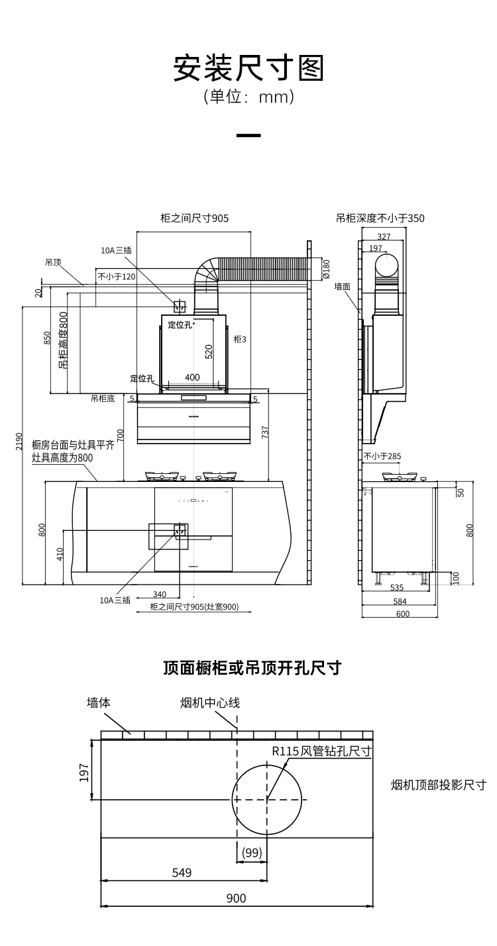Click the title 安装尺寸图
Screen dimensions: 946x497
pos(248,68)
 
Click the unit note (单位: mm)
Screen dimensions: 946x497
pos(248,97)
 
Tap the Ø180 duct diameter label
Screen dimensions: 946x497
pos(326,268)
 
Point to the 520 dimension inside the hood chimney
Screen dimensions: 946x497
pos(209,351)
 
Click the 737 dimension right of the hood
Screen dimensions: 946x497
pos(265,432)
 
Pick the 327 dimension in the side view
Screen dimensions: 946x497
pos(384,236)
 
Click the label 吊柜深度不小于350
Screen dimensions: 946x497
pos(380,218)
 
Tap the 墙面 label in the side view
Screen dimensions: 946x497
pos(343,287)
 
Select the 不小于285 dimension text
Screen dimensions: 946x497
pos(382,456)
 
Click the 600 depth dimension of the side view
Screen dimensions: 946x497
pos(402,614)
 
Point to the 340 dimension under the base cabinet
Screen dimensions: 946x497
pos(159,594)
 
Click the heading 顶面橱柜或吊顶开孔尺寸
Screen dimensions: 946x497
pos(252,667)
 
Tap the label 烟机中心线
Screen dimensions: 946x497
pos(210,702)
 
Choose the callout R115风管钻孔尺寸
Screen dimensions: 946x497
pos(321,751)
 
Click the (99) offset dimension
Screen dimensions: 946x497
pos(252,853)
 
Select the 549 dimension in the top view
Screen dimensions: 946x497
pos(182,873)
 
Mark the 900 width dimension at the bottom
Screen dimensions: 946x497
pos(236,898)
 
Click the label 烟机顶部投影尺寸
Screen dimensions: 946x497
pos(439,785)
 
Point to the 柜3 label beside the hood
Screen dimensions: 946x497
pos(240,339)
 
